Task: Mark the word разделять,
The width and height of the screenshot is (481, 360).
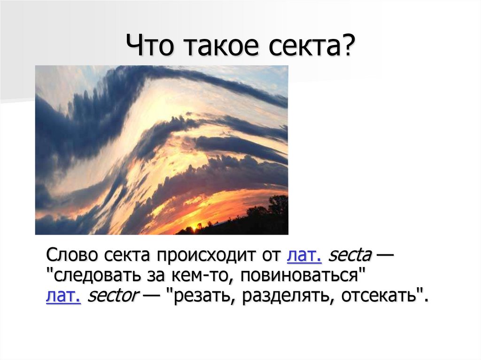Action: pos(285,297)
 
